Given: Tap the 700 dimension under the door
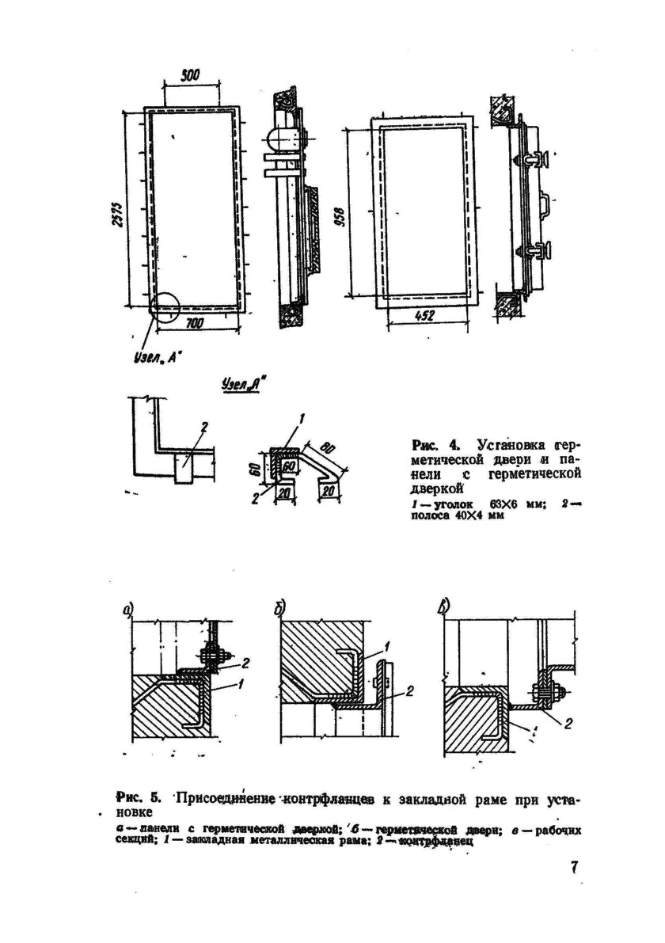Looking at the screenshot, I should [x=194, y=324].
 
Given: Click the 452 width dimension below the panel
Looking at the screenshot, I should [x=425, y=315].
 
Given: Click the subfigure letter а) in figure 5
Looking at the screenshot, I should [x=128, y=609].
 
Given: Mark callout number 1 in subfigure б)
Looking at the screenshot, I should [x=388, y=646].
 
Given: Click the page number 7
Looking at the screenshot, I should [x=575, y=867].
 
